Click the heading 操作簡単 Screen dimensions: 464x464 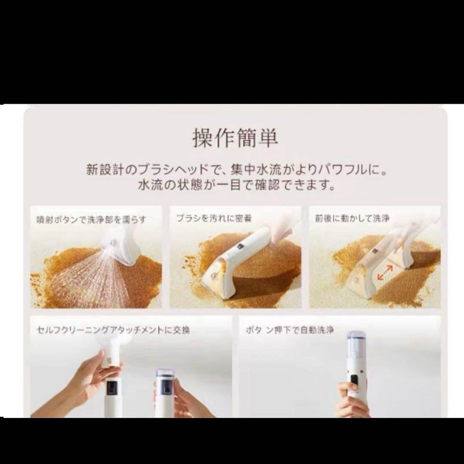click(235, 138)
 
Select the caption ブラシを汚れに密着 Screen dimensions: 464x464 click(214, 218)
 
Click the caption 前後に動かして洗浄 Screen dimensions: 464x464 click(352, 218)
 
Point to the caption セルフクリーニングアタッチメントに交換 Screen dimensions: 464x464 click(113, 330)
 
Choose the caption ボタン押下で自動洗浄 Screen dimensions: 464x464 click(290, 330)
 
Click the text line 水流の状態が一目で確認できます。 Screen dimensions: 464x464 click(237, 185)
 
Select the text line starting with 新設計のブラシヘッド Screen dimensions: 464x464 click(237, 170)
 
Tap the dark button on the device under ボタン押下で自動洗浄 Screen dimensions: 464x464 click(354, 380)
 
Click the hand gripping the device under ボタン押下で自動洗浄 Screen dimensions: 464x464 click(352, 400)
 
